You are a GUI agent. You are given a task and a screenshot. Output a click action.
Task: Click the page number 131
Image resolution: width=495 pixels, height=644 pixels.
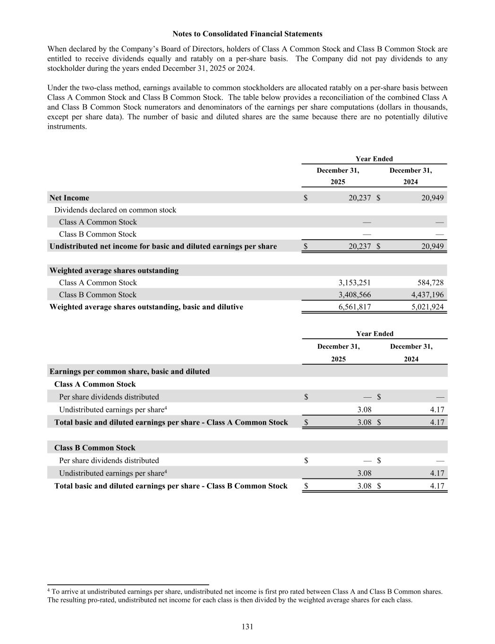(x=247, y=627)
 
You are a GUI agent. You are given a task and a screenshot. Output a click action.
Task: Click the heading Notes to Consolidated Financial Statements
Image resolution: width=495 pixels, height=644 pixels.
(x=247, y=34)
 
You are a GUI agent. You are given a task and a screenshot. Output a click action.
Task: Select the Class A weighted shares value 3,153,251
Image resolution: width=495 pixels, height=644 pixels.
(x=354, y=283)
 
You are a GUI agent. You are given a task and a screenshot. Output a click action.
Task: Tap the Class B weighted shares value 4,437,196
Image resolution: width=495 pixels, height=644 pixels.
(x=427, y=295)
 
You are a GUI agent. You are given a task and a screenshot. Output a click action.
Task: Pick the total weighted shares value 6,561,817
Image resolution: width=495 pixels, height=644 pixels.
(x=354, y=307)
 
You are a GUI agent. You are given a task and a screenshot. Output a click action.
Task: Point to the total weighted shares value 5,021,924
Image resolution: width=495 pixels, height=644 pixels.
(x=427, y=307)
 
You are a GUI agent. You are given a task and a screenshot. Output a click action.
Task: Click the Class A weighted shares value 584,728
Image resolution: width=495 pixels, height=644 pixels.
(x=430, y=283)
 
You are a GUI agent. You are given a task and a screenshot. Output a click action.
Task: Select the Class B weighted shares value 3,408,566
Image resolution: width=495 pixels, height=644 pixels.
(x=354, y=295)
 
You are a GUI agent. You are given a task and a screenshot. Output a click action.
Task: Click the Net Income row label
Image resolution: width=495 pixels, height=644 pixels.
(x=69, y=198)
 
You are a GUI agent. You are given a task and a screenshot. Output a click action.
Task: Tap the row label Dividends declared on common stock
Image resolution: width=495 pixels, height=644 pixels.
(x=115, y=210)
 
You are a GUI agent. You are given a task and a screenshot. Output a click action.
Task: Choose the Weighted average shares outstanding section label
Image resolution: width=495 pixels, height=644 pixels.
(x=114, y=270)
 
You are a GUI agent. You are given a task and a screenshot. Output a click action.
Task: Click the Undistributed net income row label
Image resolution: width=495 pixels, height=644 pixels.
(x=163, y=246)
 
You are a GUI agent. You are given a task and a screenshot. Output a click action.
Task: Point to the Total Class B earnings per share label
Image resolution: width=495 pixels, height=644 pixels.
(x=171, y=486)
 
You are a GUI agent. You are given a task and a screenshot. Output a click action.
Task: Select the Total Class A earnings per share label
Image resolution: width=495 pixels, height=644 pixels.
(x=171, y=422)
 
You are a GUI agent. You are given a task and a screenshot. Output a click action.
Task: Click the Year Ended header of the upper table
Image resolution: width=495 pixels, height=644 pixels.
(x=374, y=159)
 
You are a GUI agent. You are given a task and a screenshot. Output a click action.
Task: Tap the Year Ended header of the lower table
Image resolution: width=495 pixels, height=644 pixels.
(x=375, y=334)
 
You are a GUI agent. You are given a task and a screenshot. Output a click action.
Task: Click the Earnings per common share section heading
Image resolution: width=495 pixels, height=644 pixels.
(x=129, y=371)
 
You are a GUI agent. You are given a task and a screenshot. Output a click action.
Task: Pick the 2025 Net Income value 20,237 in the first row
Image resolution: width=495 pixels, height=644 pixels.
(x=359, y=198)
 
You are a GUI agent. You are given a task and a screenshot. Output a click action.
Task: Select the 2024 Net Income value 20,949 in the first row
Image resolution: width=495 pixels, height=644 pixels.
(x=432, y=198)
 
